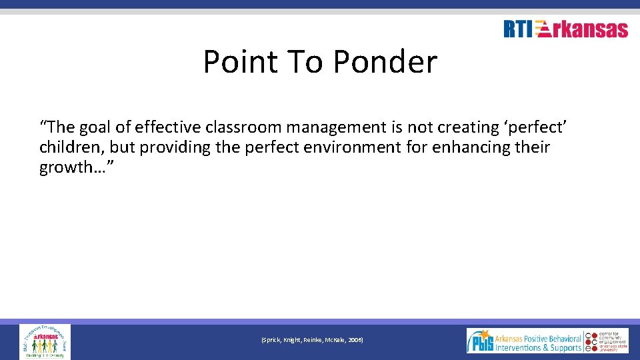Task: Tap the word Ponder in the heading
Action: coord(385,62)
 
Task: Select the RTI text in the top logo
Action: coord(518,29)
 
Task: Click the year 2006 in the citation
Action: coord(354,340)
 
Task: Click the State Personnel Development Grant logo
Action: coord(45,341)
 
